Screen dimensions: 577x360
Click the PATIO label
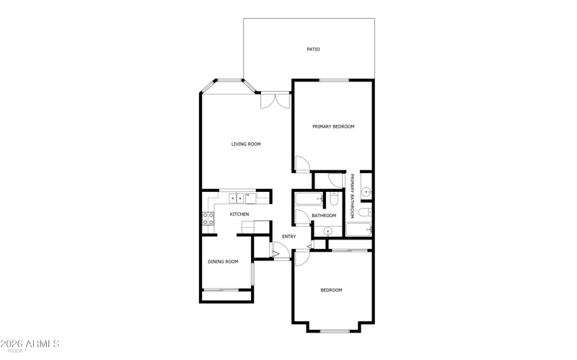(313, 49)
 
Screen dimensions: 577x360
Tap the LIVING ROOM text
(246, 144)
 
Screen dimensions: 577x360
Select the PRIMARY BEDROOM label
(333, 127)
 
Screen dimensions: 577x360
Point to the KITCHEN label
(239, 214)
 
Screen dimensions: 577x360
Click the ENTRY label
(289, 237)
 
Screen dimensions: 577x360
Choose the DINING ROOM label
(223, 262)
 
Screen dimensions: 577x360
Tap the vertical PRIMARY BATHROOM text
(352, 196)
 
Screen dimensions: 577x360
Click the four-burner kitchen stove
(208, 219)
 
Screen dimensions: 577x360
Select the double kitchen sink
(237, 198)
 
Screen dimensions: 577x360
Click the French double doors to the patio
(276, 100)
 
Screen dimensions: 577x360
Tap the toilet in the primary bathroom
(365, 212)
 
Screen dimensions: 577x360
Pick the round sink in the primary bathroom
(366, 192)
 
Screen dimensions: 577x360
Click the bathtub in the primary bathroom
(358, 229)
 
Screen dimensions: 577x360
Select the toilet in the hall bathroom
(334, 199)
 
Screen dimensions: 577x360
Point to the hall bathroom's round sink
(327, 232)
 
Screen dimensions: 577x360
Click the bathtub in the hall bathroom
(309, 199)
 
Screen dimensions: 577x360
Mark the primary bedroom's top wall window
(334, 80)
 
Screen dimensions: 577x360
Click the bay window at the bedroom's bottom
(335, 331)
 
